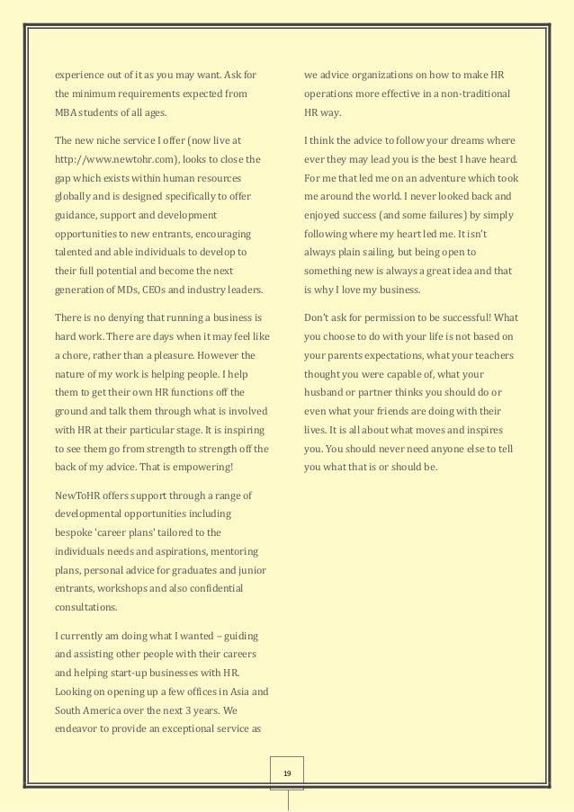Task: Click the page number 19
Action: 287,772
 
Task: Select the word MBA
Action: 67,112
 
